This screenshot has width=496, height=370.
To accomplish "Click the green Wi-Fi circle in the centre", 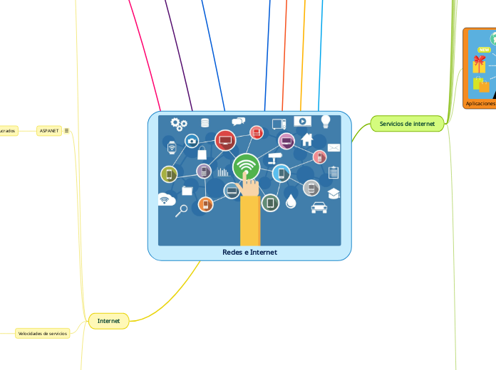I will click(x=247, y=167).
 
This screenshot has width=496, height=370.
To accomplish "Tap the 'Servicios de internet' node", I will click(x=408, y=124).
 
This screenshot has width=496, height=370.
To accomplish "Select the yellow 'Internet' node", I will click(x=108, y=322).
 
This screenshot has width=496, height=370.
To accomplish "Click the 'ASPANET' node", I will click(x=49, y=131).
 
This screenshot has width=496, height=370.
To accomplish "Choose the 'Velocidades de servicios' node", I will click(x=43, y=333).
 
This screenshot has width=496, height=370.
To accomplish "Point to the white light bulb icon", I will click(x=326, y=121).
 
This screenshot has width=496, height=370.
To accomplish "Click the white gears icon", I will click(x=179, y=125).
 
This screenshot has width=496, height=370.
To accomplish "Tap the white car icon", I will click(x=319, y=208).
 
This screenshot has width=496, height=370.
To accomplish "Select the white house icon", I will click(x=307, y=139).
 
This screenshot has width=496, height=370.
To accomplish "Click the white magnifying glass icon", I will click(x=182, y=210).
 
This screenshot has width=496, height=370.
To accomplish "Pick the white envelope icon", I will click(x=334, y=148).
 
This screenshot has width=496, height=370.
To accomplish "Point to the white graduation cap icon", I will click(x=334, y=194).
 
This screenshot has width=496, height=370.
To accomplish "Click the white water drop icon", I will click(x=291, y=203).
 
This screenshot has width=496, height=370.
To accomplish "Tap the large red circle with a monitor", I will click(x=225, y=140).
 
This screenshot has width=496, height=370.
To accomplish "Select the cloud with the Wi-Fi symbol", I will click(x=167, y=200).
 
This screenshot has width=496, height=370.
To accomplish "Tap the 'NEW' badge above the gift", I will click(x=485, y=50).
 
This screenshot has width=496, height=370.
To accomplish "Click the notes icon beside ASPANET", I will click(x=67, y=131).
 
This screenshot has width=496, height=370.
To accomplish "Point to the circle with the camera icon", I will click(x=192, y=141).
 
